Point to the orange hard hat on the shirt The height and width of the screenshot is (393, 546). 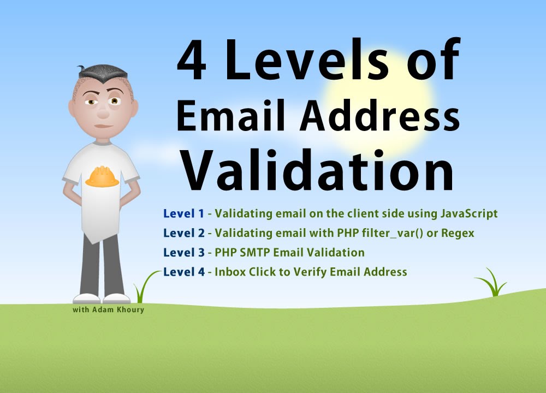click(x=102, y=177)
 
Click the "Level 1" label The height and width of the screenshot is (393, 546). click(x=183, y=213)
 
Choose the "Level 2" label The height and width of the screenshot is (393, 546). click(x=183, y=233)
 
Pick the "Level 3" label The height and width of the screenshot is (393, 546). click(x=183, y=252)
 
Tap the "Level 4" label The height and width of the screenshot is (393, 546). click(x=183, y=271)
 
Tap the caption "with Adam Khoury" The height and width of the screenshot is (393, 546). click(x=108, y=310)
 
